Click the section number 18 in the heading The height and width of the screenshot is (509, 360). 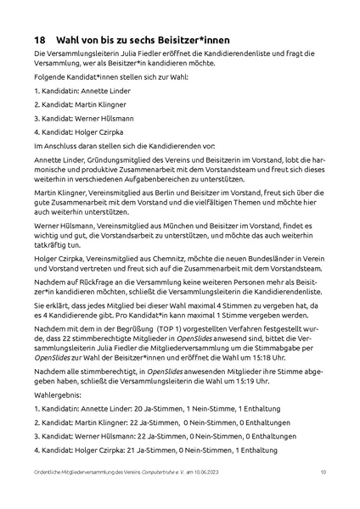40,40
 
